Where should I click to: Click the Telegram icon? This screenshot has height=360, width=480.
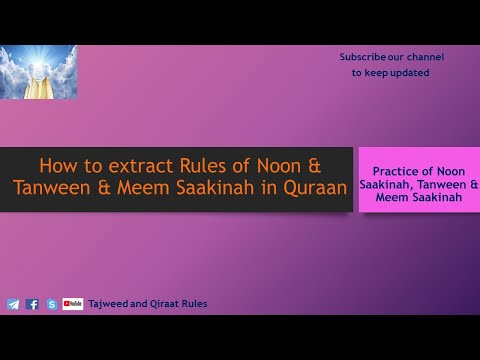(13, 304)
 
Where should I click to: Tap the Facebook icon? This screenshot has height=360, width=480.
(33, 304)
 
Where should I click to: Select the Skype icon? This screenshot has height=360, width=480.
(52, 304)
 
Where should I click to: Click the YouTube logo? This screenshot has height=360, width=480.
(73, 304)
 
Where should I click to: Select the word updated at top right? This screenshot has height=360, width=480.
(409, 73)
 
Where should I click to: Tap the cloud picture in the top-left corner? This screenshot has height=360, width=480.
(39, 72)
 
